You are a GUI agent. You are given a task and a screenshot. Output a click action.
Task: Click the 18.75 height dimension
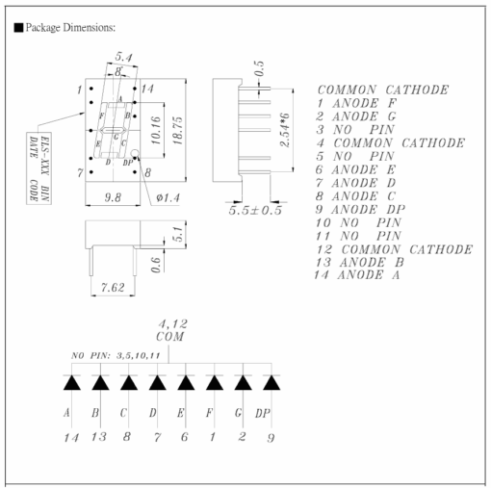pyautogui.click(x=177, y=131)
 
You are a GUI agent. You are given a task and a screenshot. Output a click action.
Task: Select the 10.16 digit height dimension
pyautogui.click(x=156, y=130)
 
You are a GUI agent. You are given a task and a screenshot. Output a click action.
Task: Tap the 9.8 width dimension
pyautogui.click(x=113, y=197)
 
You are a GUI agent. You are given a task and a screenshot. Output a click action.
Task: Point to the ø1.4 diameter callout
pyautogui.click(x=168, y=197)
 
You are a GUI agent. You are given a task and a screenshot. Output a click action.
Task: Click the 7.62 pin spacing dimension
pyautogui.click(x=113, y=287)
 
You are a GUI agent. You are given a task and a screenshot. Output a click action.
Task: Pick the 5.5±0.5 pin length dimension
pyautogui.click(x=255, y=210)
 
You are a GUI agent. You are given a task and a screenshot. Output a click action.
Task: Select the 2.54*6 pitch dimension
pyautogui.click(x=285, y=130)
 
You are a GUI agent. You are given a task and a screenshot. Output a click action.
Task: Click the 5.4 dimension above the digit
pyautogui.click(x=123, y=57)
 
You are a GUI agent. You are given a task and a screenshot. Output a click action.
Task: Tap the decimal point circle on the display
pyautogui.click(x=135, y=153)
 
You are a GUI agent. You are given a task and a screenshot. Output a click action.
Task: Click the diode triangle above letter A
pyautogui.click(x=72, y=382)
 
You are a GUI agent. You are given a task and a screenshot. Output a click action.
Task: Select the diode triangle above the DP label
pyautogui.click(x=271, y=382)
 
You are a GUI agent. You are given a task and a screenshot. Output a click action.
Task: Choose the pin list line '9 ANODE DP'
pyautogui.click(x=360, y=210)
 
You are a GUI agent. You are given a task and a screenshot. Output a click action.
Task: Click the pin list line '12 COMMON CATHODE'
pyautogui.click(x=395, y=249)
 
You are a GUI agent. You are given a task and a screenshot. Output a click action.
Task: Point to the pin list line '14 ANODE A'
pyautogui.click(x=357, y=275)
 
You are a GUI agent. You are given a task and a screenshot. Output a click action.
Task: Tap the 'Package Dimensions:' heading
pyautogui.click(x=65, y=28)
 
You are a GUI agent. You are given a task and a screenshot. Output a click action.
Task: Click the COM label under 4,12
pyautogui.click(x=170, y=337)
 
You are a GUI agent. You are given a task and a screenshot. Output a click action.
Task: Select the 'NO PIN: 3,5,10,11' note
pyautogui.click(x=116, y=355)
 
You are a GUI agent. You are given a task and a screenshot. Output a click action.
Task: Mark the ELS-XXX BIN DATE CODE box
pyautogui.click(x=39, y=168)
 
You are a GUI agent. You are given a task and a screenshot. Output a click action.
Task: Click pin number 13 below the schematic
pyautogui.click(x=98, y=437)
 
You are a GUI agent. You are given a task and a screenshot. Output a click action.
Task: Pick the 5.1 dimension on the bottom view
pyautogui.click(x=177, y=234)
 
